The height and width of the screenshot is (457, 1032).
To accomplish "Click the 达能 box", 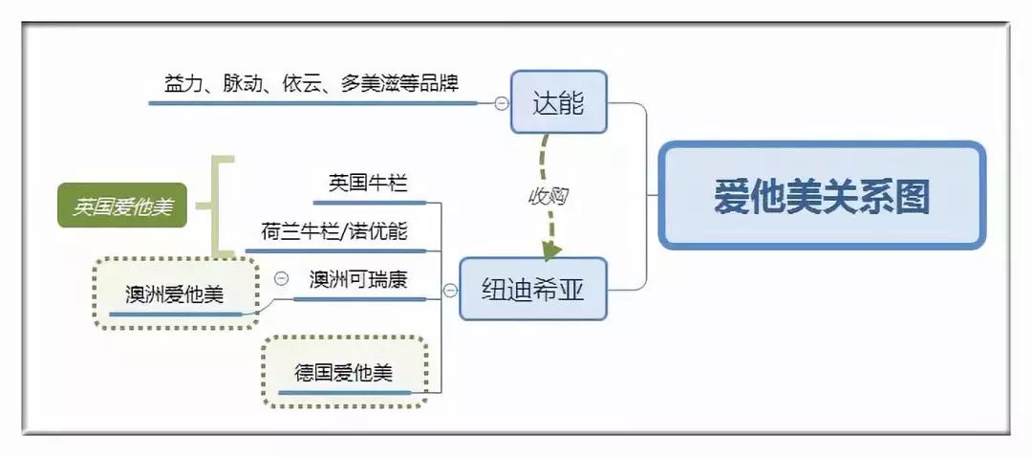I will click(x=559, y=101).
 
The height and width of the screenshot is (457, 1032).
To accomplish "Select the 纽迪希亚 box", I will click(x=533, y=289).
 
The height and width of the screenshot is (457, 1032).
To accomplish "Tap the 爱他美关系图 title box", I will click(x=822, y=196).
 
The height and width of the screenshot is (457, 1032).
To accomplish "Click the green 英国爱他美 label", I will click(x=122, y=206).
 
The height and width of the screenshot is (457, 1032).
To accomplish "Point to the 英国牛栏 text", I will click(x=368, y=184).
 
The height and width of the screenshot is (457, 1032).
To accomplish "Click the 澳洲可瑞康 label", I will click(x=358, y=279).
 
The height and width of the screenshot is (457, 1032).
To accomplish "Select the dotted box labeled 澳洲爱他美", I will click(x=175, y=294).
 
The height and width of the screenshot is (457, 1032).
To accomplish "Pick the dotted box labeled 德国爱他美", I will click(x=343, y=372).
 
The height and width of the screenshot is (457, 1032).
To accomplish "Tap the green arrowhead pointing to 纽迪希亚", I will click(x=550, y=250).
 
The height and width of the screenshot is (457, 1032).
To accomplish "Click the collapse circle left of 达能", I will click(x=501, y=103).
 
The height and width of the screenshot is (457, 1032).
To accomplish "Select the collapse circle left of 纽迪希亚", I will click(x=449, y=289).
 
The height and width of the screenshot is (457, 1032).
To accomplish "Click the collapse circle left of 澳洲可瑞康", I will click(x=281, y=278).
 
